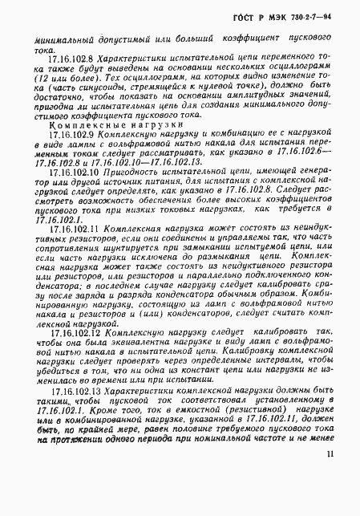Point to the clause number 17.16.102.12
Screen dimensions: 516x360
tap(72, 331)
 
